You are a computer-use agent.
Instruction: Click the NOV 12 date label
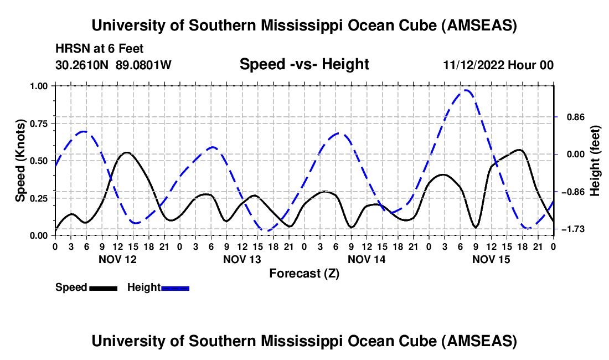pyautogui.click(x=117, y=259)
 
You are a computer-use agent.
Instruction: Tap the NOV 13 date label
pyautogui.click(x=242, y=259)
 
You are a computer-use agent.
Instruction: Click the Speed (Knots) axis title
pyautogui.click(x=20, y=161)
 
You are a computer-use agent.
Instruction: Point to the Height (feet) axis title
pyautogui.click(x=596, y=161)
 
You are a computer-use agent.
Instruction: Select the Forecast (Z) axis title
pyautogui.click(x=304, y=273)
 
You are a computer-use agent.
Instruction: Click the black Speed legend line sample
pyautogui.click(x=103, y=287)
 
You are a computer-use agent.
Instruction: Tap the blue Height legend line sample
pyautogui.click(x=175, y=287)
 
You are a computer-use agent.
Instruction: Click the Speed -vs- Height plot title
pyautogui.click(x=304, y=64)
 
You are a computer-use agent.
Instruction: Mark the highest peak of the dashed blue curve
pyautogui.click(x=467, y=90)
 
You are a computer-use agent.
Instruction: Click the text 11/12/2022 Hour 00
pyautogui.click(x=498, y=65)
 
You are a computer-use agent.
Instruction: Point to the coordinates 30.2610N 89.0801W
pyautogui.click(x=113, y=65)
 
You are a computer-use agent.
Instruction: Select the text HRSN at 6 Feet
pyautogui.click(x=100, y=49)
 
